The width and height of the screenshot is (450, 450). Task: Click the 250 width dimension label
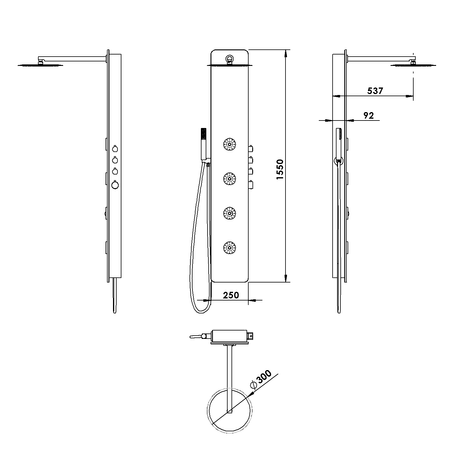pos(229,296)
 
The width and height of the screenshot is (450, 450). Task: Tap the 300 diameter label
pos(266,378)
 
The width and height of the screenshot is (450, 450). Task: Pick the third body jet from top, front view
pos(230,211)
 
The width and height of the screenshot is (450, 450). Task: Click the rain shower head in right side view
pos(409,65)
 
